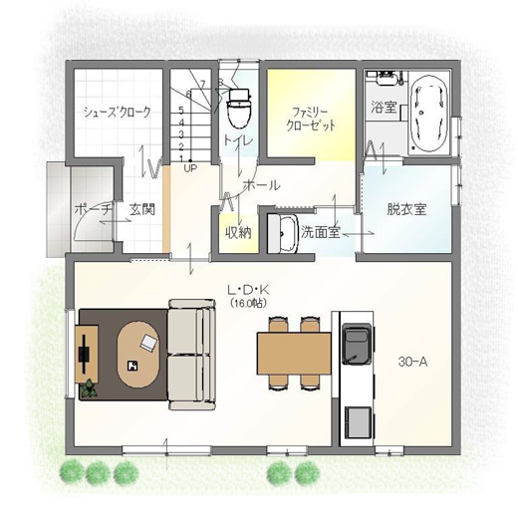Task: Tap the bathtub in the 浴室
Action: (x=428, y=114)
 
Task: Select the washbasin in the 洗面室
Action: (x=283, y=234)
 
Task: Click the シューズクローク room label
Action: (x=118, y=112)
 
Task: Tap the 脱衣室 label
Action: (x=406, y=209)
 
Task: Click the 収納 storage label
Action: (x=238, y=233)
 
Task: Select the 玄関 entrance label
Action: (x=142, y=209)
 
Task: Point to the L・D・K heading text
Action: (x=248, y=291)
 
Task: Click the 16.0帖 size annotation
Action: (x=248, y=303)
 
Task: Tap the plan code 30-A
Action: (x=412, y=363)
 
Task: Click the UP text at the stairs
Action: (x=190, y=168)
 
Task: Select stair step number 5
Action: (x=181, y=110)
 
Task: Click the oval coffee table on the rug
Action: (x=138, y=354)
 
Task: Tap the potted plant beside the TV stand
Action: (x=89, y=389)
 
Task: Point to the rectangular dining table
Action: (x=294, y=354)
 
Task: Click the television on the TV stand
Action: (x=85, y=354)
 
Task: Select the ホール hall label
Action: (x=262, y=185)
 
